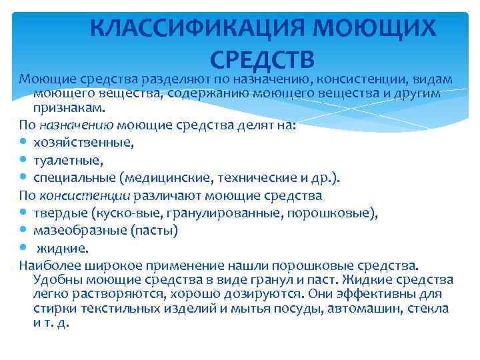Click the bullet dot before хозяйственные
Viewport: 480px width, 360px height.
(24, 142)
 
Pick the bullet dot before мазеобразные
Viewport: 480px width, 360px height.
(24, 231)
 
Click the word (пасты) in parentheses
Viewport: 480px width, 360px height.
(155, 231)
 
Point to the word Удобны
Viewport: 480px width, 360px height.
(55, 280)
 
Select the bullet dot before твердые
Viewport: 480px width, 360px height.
(24, 213)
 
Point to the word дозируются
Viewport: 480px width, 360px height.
(253, 294)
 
